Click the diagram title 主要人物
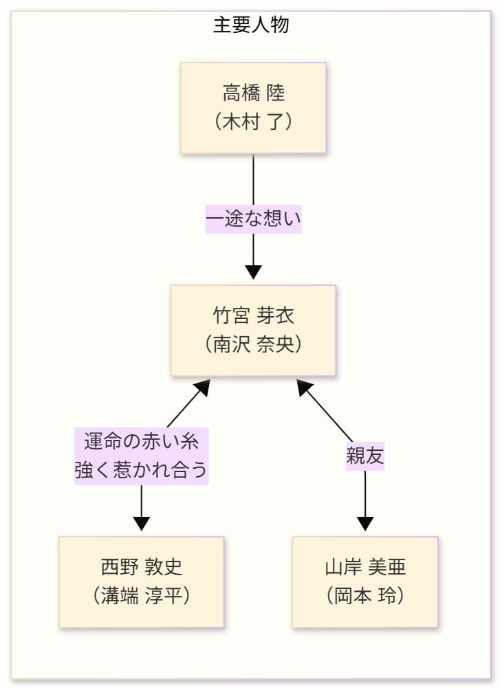[x=251, y=25]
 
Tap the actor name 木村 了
[x=253, y=122]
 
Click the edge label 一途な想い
[x=253, y=220]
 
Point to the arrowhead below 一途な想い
[x=253, y=271]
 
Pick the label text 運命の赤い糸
[x=141, y=440]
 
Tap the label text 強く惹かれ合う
[x=141, y=471]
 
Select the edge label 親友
[x=364, y=456]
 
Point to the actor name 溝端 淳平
[x=141, y=595]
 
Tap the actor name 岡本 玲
[x=364, y=595]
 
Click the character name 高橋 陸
[x=253, y=92]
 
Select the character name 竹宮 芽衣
[x=253, y=315]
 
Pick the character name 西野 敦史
[x=141, y=566]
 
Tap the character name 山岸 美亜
[x=364, y=566]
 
